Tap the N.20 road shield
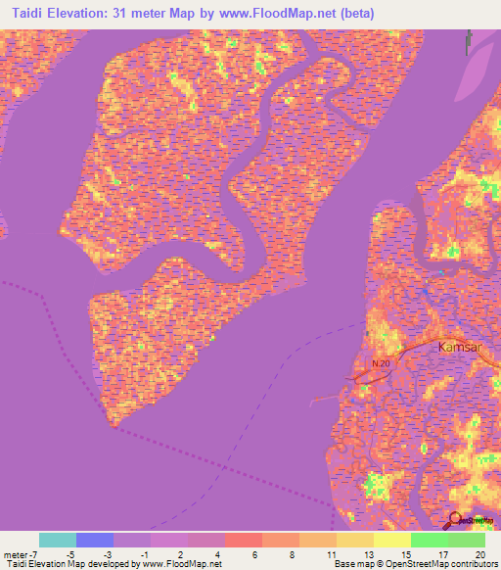click(x=382, y=363)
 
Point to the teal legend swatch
click(x=58, y=540)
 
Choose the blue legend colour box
click(x=95, y=540)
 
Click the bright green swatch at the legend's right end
click(x=467, y=540)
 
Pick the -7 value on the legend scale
click(x=42, y=554)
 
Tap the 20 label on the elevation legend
click(x=478, y=554)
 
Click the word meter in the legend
click(x=17, y=554)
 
